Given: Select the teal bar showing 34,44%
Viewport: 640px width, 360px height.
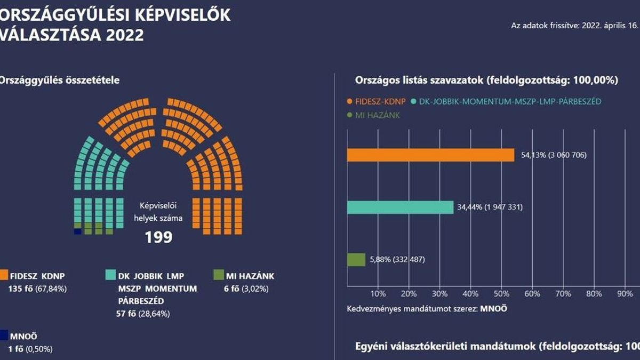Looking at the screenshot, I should (x=400, y=207).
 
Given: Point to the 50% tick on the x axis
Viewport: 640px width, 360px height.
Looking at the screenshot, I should (x=501, y=294).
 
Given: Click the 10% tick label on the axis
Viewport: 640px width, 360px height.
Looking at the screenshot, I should (x=378, y=294).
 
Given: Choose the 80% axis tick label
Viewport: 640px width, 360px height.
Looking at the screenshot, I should (x=594, y=294).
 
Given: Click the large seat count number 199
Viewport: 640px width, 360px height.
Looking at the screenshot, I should (x=159, y=237).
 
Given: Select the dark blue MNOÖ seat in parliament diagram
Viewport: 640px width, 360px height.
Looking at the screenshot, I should (x=78, y=231).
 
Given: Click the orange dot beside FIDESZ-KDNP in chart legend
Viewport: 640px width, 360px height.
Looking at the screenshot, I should (x=350, y=101).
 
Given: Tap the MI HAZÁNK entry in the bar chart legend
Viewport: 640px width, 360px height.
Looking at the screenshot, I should (x=377, y=115).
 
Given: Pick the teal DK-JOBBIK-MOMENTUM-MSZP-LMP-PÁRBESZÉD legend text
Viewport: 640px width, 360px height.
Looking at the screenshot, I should (x=507, y=101).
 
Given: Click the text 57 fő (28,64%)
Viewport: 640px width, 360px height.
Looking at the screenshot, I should (x=143, y=314).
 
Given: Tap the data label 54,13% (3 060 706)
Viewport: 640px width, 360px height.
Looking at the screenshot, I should (x=553, y=155).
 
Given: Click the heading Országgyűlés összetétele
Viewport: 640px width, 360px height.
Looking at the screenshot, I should (x=59, y=81).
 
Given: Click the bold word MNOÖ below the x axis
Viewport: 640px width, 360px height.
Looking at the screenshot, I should (x=494, y=309).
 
